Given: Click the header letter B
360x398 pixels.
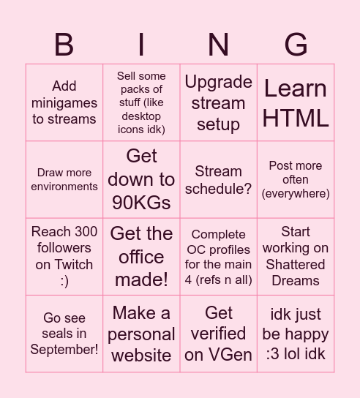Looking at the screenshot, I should (64, 45).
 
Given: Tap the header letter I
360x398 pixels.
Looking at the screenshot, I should (141, 45).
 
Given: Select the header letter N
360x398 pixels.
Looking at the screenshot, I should (218, 45).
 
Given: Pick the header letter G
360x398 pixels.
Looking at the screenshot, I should (296, 45).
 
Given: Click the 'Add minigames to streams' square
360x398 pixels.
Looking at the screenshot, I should (64, 102).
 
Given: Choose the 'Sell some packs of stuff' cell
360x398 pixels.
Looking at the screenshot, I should (141, 102).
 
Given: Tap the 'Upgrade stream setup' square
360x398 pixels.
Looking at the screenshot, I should (218, 102).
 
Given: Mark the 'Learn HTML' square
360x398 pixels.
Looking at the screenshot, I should (296, 102).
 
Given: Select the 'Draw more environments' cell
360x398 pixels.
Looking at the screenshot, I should (64, 180).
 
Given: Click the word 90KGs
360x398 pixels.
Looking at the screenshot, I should (141, 203).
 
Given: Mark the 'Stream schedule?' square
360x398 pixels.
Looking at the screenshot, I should (218, 180).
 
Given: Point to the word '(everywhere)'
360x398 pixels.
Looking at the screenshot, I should (296, 193).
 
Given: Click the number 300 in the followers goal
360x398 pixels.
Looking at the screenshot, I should (81, 232).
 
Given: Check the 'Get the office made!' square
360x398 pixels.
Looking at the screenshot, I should (141, 257).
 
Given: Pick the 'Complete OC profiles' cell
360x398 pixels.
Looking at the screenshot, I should (218, 257).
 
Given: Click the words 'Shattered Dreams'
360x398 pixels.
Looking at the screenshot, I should (296, 272).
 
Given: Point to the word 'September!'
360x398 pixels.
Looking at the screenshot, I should (64, 349).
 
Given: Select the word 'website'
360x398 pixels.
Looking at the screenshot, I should (141, 356).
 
